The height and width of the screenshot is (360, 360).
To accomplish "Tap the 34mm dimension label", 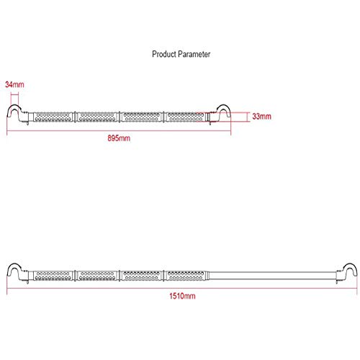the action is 14,84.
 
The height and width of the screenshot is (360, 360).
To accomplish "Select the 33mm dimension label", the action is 261,117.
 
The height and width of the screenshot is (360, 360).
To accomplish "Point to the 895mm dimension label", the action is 119,138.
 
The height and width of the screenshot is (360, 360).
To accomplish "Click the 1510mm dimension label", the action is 182,296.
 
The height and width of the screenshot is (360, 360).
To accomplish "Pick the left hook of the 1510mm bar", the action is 14,265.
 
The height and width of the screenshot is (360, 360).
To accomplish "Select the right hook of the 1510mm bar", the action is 350,265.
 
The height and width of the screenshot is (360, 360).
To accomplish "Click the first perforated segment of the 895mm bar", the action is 53,117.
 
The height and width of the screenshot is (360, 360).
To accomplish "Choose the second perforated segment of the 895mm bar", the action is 97,117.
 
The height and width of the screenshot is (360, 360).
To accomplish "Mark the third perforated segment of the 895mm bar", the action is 141,117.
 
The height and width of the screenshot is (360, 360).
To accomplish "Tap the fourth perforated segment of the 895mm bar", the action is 185,117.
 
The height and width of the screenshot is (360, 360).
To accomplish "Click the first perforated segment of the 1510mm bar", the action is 53,276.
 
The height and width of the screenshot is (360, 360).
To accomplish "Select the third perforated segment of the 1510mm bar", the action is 141,276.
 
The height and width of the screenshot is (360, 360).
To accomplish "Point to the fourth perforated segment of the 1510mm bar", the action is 185,276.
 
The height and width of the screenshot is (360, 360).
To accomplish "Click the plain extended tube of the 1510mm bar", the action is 272,276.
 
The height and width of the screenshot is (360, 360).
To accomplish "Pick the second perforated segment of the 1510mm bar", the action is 97,276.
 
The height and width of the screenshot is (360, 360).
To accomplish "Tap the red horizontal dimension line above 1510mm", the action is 182,288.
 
